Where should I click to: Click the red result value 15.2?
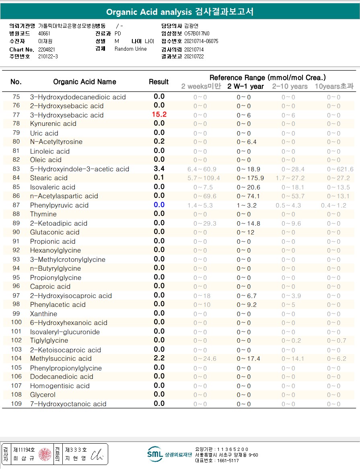click(x=159, y=115)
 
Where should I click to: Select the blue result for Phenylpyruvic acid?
click(x=159, y=205)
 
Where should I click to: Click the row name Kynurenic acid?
click(x=53, y=123)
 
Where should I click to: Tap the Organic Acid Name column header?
click(x=84, y=82)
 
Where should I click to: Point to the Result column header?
click(x=158, y=82)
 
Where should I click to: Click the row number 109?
click(x=16, y=404)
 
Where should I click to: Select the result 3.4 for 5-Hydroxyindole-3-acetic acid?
click(x=159, y=169)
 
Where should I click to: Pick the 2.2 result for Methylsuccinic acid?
click(x=159, y=358)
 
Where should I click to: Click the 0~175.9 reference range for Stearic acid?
click(x=250, y=178)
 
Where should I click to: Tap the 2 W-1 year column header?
click(x=245, y=86)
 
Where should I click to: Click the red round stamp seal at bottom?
click(x=45, y=454)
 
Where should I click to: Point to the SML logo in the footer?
click(x=155, y=454)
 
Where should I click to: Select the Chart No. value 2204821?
click(x=47, y=49)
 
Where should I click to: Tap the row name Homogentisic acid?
click(x=60, y=386)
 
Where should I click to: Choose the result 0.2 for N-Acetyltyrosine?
click(x=159, y=142)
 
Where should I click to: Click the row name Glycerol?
click(x=43, y=395)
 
